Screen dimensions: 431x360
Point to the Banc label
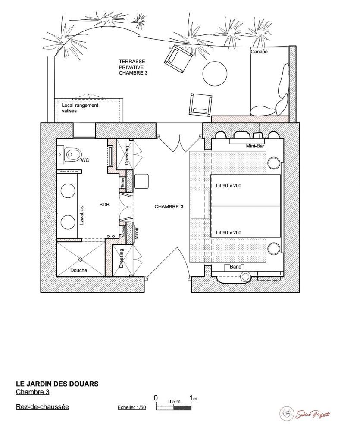pyautogui.click(x=235, y=267)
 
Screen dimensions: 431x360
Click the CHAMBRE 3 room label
pyautogui.click(x=169, y=207)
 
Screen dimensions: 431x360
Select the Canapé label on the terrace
pyautogui.click(x=259, y=52)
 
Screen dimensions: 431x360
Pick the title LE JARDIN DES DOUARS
pyautogui.click(x=57, y=383)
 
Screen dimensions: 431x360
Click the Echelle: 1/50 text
pyautogui.click(x=132, y=407)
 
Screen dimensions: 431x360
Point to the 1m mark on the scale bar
pyautogui.click(x=191, y=397)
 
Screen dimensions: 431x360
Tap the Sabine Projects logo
pyautogui.click(x=306, y=414)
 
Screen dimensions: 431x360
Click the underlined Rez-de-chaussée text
pyautogui.click(x=42, y=406)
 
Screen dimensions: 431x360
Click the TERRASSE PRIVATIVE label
pyautogui.click(x=134, y=68)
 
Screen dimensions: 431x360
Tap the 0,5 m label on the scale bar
pyautogui.click(x=174, y=401)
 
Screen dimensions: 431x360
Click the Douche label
pyautogui.click(x=78, y=270)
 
